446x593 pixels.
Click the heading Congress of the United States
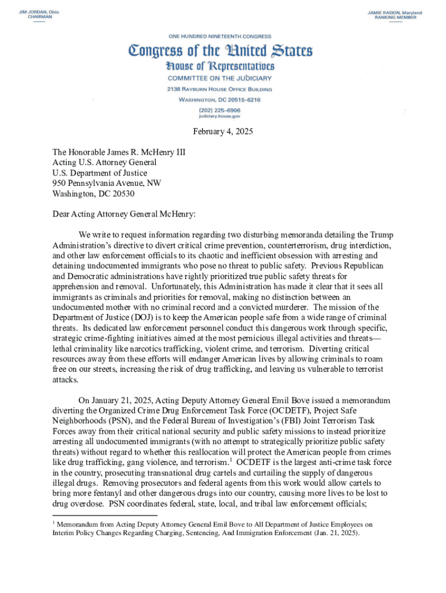[x=221, y=50]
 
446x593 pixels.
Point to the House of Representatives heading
[x=220, y=66]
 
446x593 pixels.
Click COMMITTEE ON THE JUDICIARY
[x=220, y=78]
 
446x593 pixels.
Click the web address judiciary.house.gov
[x=220, y=116]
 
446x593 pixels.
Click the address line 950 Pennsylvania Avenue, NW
[x=107, y=183]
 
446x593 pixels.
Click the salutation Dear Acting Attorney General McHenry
[x=124, y=214]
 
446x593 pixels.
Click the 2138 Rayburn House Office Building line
[x=220, y=89]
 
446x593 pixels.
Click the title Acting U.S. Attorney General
[x=105, y=162]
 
